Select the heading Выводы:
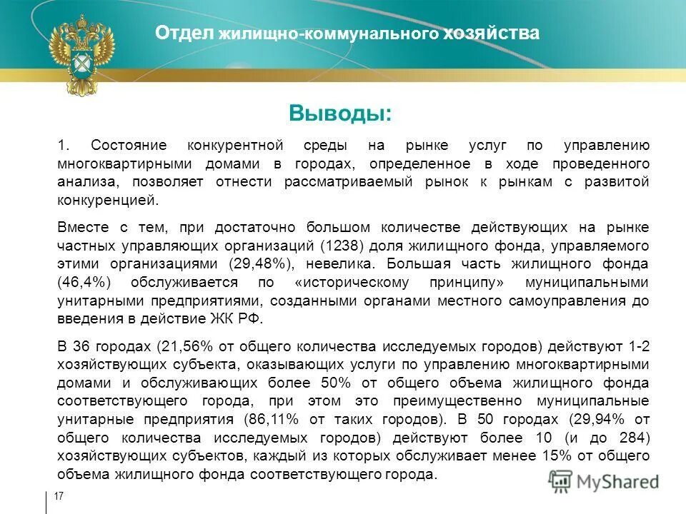click(340, 114)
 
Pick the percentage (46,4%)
click(84, 282)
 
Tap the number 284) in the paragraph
click(634, 437)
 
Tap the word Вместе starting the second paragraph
click(81, 227)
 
